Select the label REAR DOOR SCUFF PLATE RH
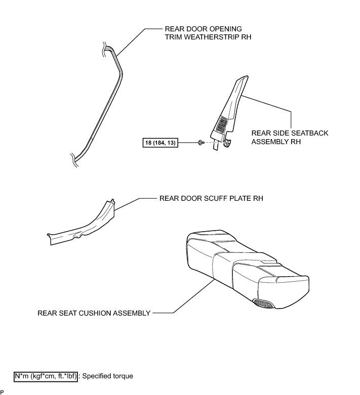pos(211,198)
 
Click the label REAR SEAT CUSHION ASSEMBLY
pos(94,313)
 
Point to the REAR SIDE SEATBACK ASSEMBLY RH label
pos(290,138)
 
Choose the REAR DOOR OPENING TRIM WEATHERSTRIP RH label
pos(208,33)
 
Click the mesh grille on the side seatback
pos(223,124)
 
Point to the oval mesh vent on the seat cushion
pos(264,303)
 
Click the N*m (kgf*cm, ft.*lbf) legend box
pos(46,376)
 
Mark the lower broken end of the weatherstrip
pos(74,160)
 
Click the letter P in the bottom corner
pos(2,392)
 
